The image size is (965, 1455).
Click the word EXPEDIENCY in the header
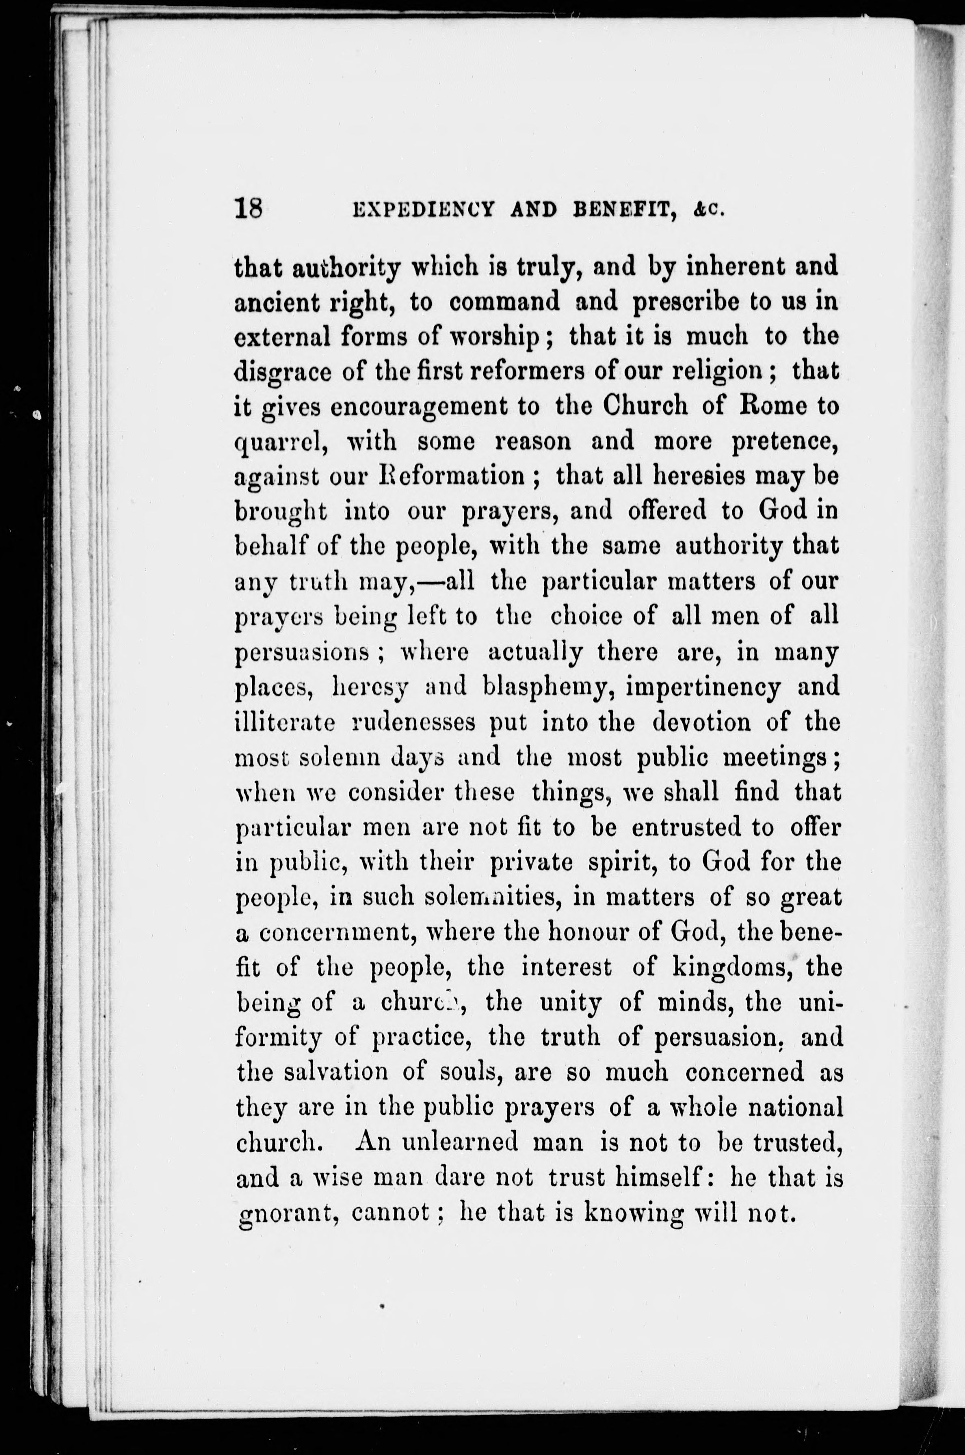pos(424,210)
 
